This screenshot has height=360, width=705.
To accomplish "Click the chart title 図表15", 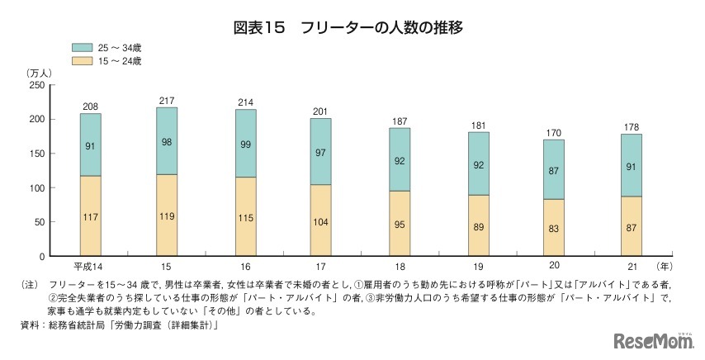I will (258, 27).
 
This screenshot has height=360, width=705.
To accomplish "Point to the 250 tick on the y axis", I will (36, 85).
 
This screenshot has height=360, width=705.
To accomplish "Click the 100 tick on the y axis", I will (36, 187).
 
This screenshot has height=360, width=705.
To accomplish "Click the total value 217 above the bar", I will (168, 101).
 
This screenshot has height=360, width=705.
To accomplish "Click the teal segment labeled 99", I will (245, 144).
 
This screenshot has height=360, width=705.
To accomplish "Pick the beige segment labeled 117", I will (91, 216).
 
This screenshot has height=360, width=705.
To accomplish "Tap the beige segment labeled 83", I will (554, 228).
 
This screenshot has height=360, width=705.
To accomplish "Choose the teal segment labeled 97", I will (320, 151).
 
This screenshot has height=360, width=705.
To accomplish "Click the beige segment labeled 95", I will (400, 223).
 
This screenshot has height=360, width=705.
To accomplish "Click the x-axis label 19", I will (478, 267).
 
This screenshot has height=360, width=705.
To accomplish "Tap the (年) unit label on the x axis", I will (665, 267).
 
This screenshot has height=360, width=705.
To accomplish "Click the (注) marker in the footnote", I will (29, 285).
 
